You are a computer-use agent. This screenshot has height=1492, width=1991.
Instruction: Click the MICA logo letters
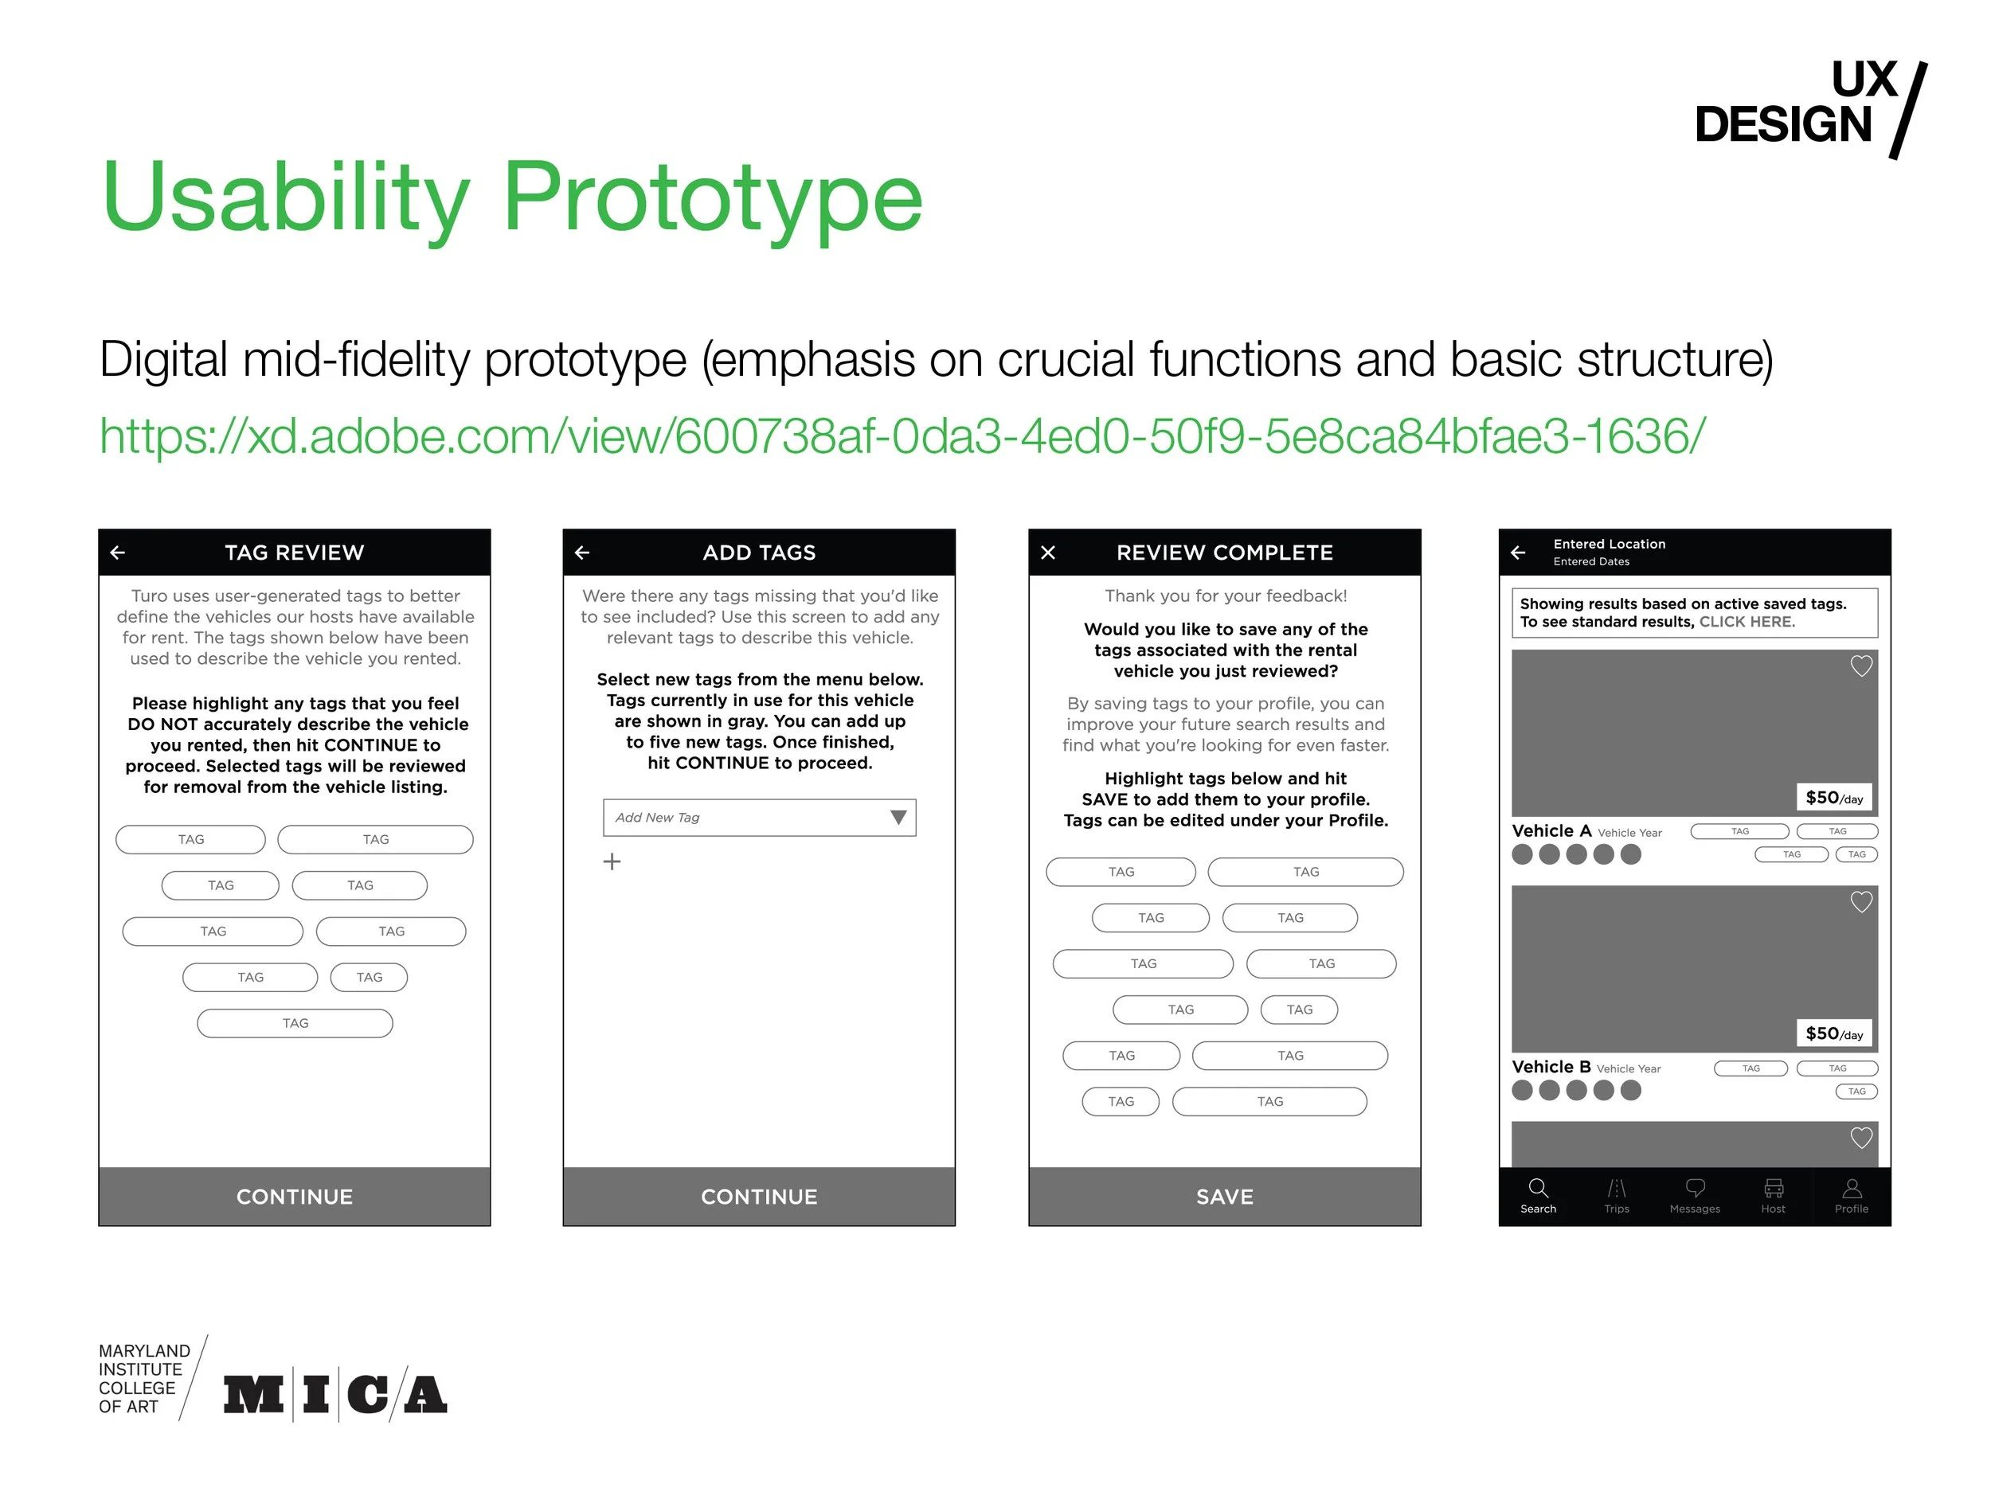click(334, 1394)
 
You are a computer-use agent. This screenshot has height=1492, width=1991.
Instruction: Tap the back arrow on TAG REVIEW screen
click(118, 553)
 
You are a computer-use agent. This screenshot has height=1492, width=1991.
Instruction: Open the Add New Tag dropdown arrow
click(898, 817)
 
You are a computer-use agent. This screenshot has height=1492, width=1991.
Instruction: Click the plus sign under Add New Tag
click(612, 862)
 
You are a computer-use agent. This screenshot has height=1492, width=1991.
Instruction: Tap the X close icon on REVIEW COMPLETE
click(1048, 553)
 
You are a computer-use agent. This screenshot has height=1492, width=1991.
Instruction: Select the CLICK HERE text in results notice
click(1747, 622)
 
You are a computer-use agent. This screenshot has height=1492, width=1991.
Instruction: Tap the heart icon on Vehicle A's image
click(1860, 666)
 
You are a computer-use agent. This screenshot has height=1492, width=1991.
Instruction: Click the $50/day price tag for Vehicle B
click(1833, 1033)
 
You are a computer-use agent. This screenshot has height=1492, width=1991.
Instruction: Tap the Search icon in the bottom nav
click(1539, 1188)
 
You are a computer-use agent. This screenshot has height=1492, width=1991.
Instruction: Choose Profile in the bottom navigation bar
click(1852, 1195)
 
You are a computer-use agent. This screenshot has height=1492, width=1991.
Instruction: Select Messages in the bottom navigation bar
click(1695, 1195)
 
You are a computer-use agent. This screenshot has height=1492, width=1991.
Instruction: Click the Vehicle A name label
click(1551, 830)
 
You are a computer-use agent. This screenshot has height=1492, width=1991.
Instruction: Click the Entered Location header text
click(1610, 544)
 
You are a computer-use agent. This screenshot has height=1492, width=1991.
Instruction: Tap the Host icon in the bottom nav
click(1773, 1188)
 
